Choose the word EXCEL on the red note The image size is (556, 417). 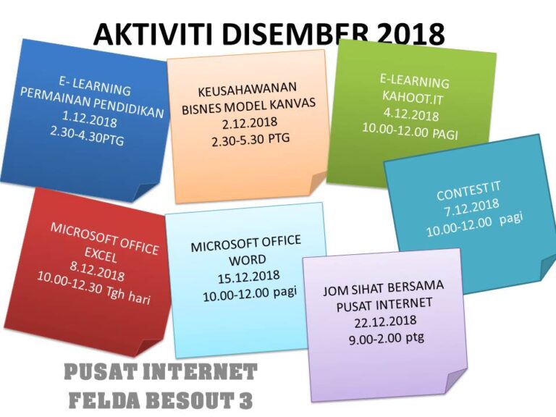pos(101,254)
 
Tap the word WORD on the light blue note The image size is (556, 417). pos(247,260)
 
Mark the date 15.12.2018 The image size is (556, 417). pos(248,277)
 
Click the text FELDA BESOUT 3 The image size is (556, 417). pos(160,400)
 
